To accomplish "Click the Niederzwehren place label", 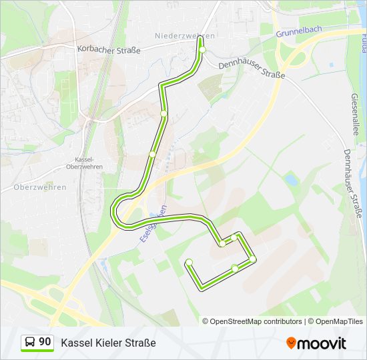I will click(184, 35).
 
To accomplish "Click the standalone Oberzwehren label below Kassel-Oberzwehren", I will click(40, 187).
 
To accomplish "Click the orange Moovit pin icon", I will click(291, 343).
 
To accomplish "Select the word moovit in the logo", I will click(322, 343).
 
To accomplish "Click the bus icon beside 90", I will click(31, 343).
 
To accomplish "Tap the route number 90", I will click(45, 342).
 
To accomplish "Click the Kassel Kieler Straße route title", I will click(108, 343).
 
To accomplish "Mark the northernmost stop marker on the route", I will click(202, 49).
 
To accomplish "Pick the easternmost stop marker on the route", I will click(253, 259).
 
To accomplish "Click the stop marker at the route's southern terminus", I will click(189, 262).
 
